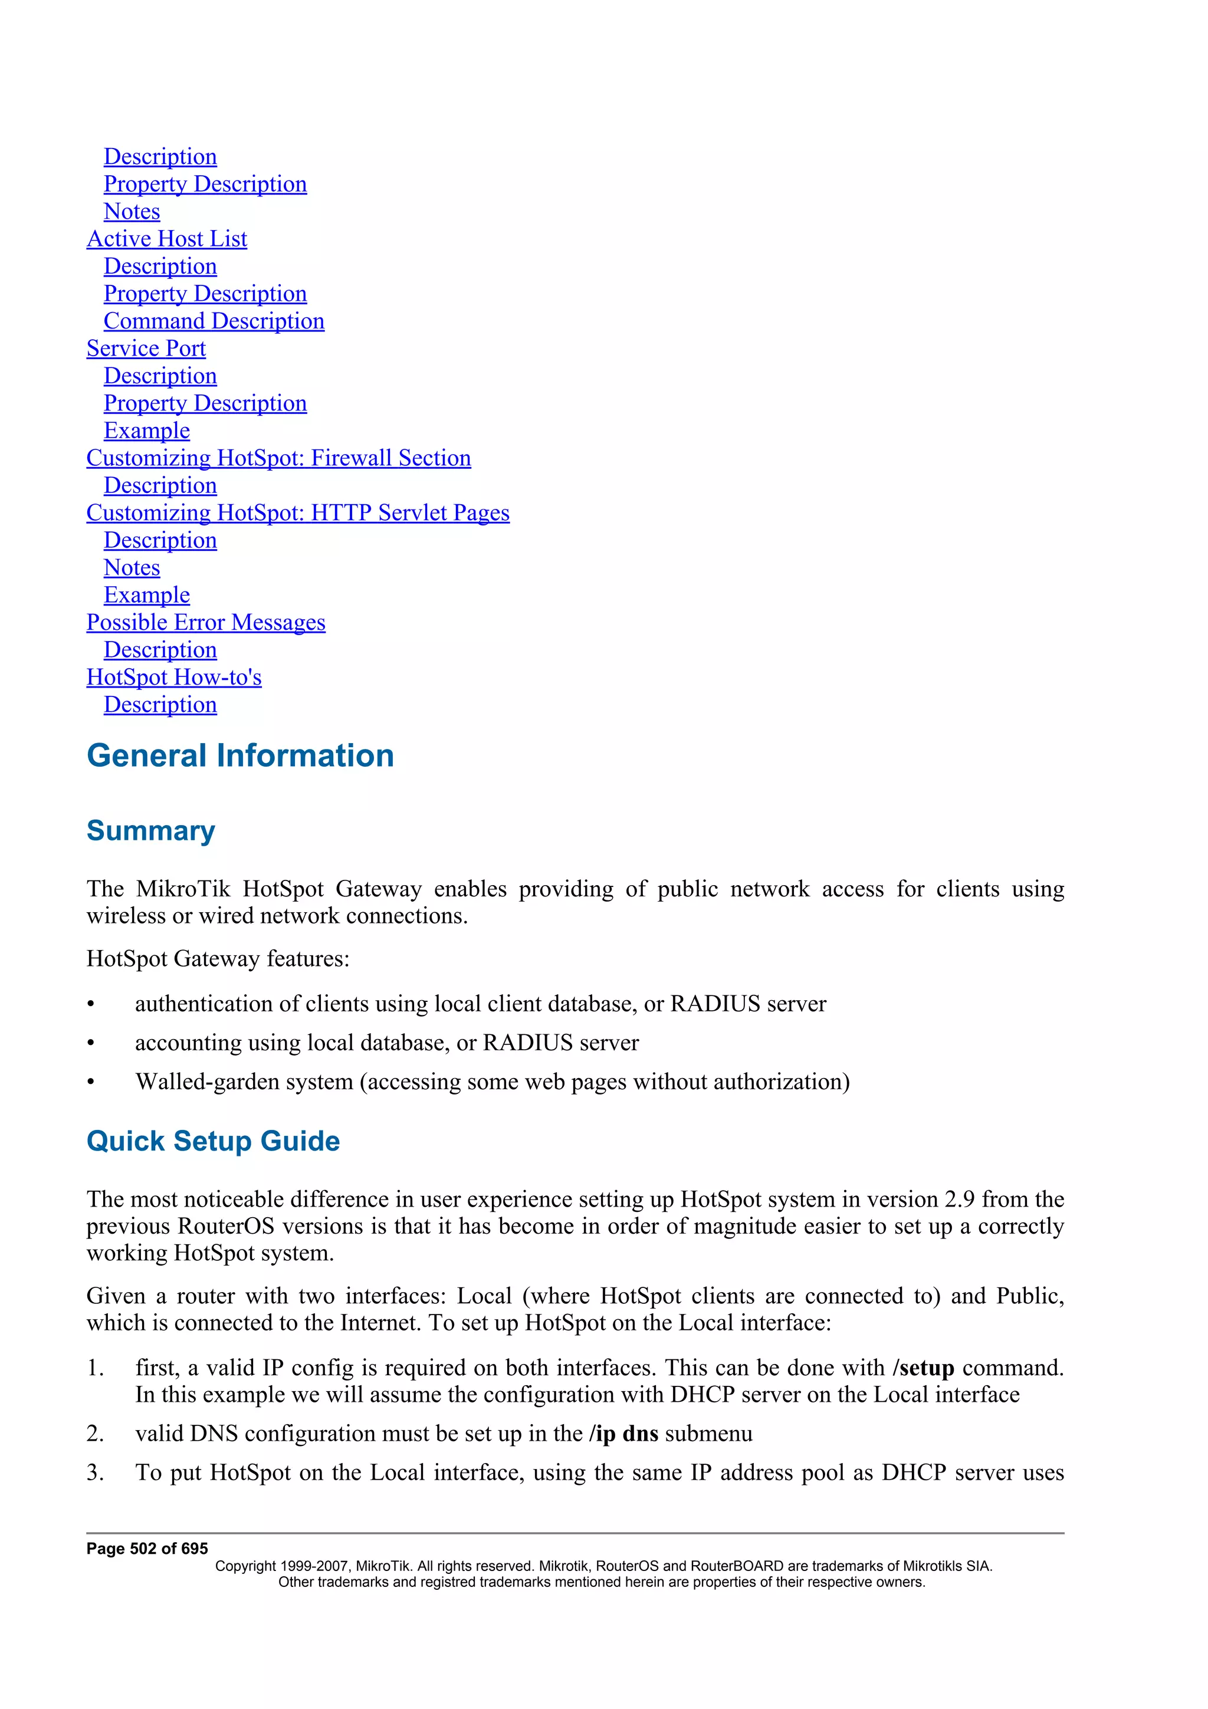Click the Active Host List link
click(x=167, y=239)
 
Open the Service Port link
click(x=146, y=349)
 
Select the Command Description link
click(x=214, y=321)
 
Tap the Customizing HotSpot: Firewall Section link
click(x=278, y=458)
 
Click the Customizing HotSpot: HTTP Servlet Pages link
click(x=298, y=513)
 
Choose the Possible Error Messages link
click(x=205, y=622)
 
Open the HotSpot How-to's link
click(x=173, y=678)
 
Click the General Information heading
click(x=239, y=755)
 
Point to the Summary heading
click(x=150, y=831)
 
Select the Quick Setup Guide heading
click(x=213, y=1141)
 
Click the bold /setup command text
click(x=923, y=1368)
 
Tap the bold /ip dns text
click(x=623, y=1434)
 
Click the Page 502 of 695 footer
click(x=147, y=1549)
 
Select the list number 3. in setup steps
click(x=94, y=1473)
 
